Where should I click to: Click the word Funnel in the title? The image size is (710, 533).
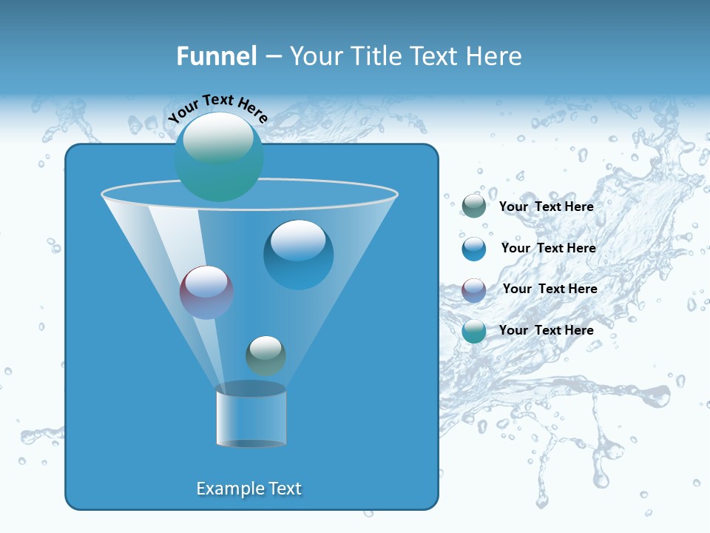216,56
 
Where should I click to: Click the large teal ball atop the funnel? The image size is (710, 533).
218,156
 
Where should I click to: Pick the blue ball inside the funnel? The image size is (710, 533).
298,254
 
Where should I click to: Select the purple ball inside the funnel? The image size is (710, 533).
206,292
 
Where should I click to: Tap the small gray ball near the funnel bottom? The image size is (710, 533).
266,355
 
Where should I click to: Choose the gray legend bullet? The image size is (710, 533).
474,207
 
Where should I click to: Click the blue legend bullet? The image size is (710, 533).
474,249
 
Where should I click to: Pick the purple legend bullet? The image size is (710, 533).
474,289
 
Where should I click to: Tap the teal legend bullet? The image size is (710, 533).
474,331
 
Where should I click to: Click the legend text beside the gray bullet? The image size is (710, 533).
546,207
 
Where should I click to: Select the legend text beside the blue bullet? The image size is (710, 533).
548,248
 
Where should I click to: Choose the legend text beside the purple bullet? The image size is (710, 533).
550,289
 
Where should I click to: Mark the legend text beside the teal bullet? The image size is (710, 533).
546,330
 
